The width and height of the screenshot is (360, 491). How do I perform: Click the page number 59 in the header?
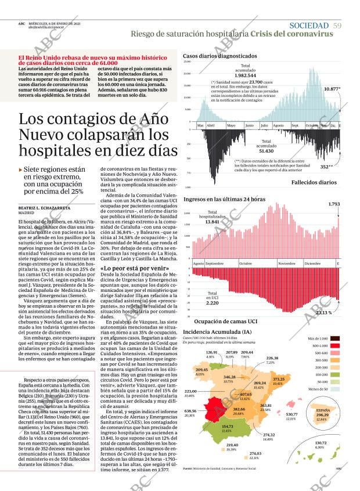[x=337, y=25]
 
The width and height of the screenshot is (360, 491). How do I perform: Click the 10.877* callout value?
[x=332, y=89]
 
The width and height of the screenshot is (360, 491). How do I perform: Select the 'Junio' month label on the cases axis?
[x=250, y=125]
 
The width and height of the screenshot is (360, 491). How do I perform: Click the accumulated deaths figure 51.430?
[x=267, y=151]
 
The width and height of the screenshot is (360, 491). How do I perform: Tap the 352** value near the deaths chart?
[x=326, y=167]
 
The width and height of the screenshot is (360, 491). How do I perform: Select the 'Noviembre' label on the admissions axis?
[x=286, y=263]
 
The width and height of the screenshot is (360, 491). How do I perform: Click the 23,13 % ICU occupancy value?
[x=323, y=313]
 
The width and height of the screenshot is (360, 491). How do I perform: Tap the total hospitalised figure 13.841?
[x=213, y=222]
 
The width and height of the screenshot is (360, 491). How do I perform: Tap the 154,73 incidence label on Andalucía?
[x=227, y=428]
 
